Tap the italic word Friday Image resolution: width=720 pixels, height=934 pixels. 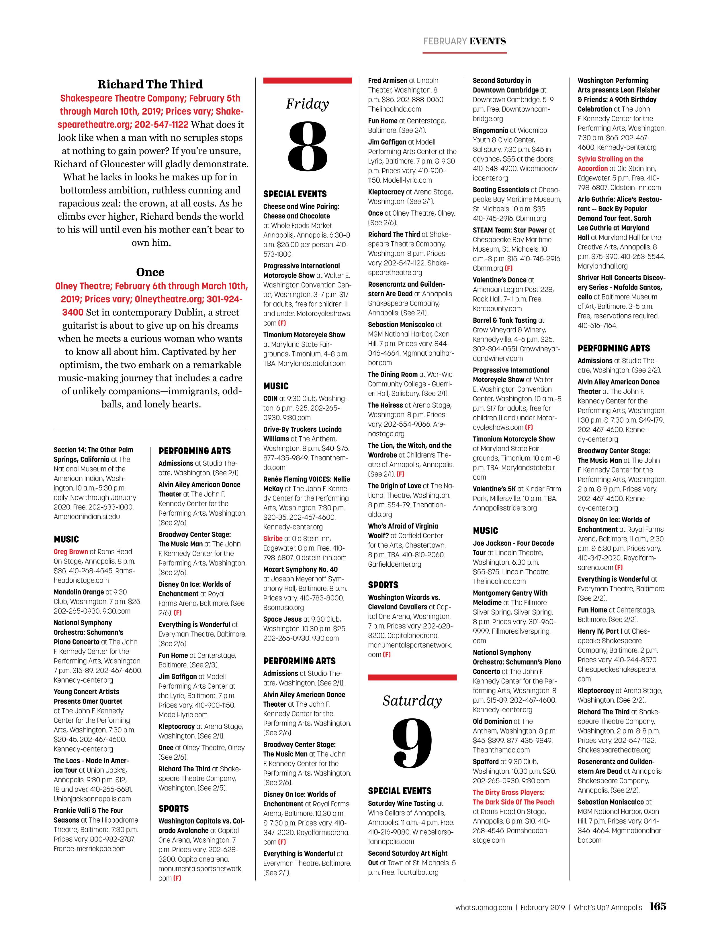click(x=307, y=104)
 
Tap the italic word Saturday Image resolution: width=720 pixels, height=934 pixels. click(x=412, y=700)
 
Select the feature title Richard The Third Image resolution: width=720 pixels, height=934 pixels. click(x=150, y=84)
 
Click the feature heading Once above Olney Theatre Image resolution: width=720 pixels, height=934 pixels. click(x=150, y=272)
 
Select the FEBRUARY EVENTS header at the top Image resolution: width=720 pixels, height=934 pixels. click(x=464, y=41)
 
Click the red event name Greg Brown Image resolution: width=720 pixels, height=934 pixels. click(x=71, y=552)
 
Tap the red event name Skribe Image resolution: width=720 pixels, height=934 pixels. click(x=273, y=538)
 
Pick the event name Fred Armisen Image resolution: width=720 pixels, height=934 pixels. click(x=388, y=80)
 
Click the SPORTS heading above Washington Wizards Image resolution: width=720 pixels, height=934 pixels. click(x=383, y=585)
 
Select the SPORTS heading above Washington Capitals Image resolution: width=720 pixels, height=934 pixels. click(x=173, y=808)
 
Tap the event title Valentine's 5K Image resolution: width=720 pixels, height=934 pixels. click(x=494, y=489)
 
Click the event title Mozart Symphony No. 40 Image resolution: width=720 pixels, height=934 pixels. click(x=300, y=569)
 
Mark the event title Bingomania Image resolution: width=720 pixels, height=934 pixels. click(x=490, y=131)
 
